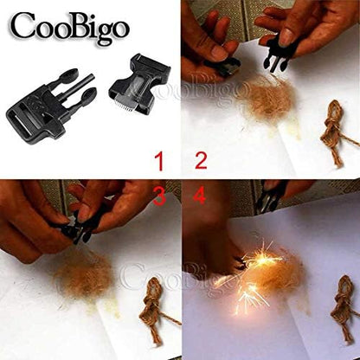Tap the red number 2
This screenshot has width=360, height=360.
pyautogui.click(x=200, y=159)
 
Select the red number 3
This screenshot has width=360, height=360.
pyautogui.click(x=158, y=196)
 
